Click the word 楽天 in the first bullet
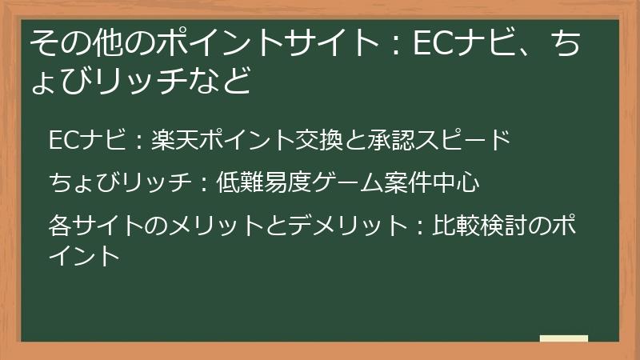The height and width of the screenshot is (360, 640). point(171,139)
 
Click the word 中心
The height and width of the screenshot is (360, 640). point(456,183)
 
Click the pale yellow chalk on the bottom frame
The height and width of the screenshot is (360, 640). point(564,338)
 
